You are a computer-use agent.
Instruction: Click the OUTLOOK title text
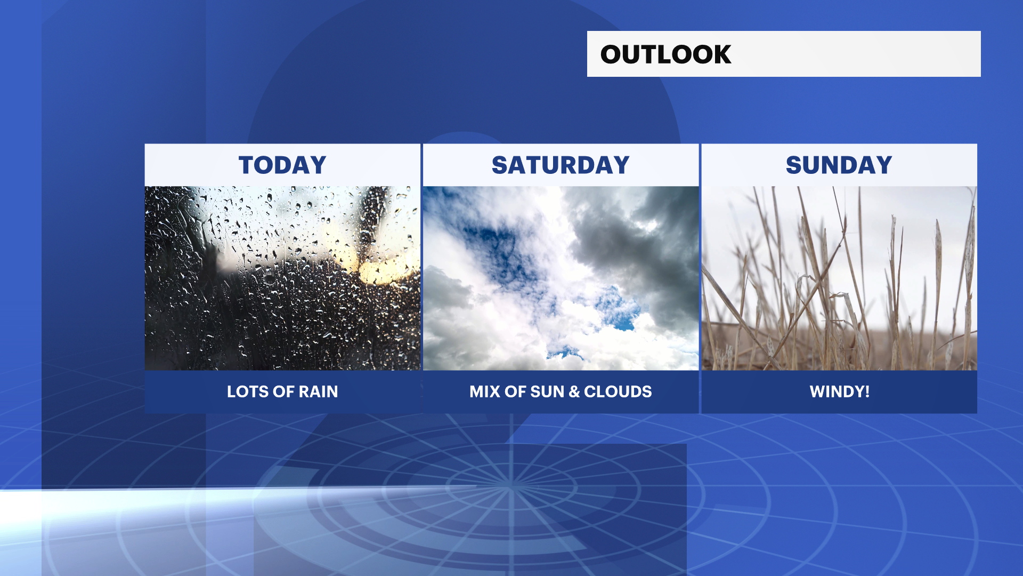[665, 54]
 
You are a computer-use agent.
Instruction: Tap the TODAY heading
[282, 165]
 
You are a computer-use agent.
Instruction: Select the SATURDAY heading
[561, 165]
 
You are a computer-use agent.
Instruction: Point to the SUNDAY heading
[839, 165]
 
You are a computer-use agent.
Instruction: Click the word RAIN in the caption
[318, 391]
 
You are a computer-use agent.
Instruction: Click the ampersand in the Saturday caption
[574, 391]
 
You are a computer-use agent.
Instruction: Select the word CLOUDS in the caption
[618, 391]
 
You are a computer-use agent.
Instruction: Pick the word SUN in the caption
[547, 391]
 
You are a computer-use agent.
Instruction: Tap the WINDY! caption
[840, 391]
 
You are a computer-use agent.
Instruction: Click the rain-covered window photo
[282, 278]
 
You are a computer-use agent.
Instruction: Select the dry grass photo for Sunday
[839, 278]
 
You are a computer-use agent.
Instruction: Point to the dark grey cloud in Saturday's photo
[639, 240]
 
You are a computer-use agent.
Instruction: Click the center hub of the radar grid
[510, 486]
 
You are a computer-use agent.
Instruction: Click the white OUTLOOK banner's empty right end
[858, 54]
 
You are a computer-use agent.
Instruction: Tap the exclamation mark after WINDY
[867, 391]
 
